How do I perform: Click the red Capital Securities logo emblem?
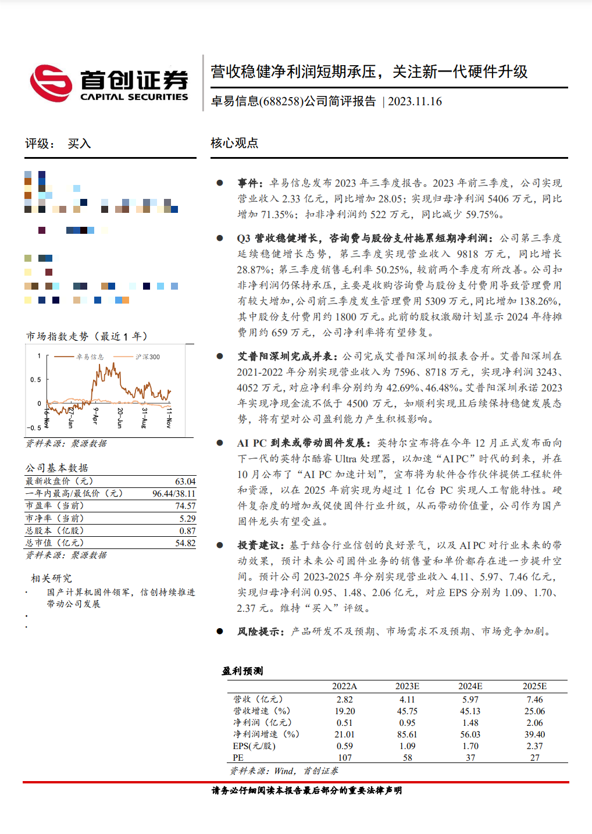click(51, 83)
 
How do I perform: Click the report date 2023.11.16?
click(415, 102)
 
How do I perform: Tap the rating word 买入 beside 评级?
click(79, 144)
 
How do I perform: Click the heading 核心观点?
click(234, 143)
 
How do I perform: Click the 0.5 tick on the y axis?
click(36, 380)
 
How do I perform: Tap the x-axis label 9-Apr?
click(95, 416)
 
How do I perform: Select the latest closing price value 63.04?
click(185, 482)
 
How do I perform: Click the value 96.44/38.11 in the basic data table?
click(174, 494)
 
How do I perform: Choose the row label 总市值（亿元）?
click(55, 543)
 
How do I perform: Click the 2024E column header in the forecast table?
click(470, 686)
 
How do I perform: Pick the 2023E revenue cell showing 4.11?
click(407, 700)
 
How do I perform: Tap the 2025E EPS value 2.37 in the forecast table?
click(534, 746)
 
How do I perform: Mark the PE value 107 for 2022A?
click(345, 758)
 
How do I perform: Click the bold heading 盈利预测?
click(242, 671)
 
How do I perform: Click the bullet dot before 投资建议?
click(220, 546)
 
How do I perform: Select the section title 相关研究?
click(51, 578)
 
